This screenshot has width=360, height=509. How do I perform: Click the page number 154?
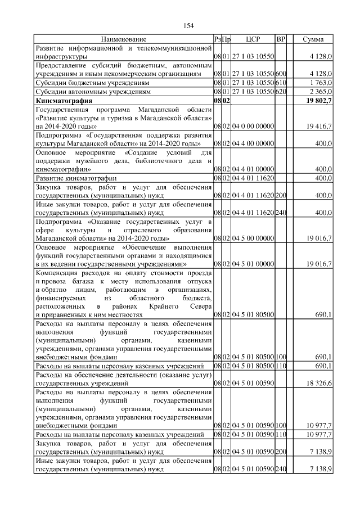[x=188, y=25]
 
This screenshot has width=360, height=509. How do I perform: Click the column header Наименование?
[x=124, y=39]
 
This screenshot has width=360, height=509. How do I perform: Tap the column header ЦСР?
[x=253, y=39]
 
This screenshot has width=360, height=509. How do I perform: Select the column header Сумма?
[x=313, y=39]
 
